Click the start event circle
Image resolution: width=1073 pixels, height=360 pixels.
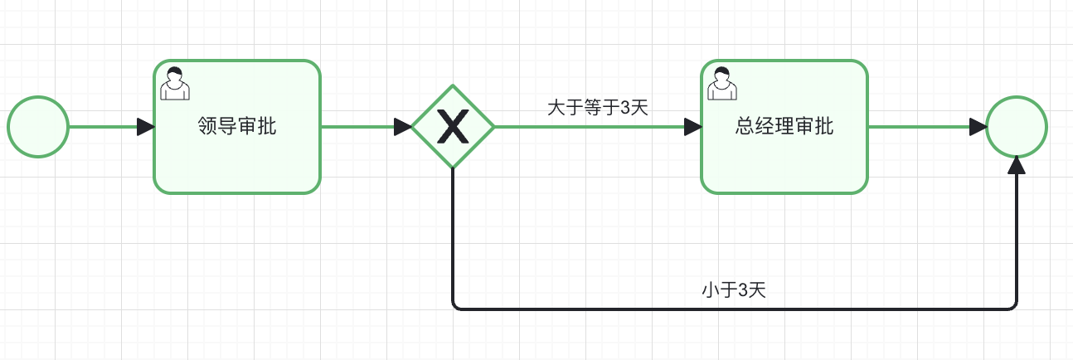click(x=38, y=127)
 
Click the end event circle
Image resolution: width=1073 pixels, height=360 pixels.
click(x=1017, y=127)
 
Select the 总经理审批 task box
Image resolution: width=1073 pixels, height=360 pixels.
click(x=784, y=162)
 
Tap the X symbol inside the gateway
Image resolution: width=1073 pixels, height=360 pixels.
click(x=453, y=127)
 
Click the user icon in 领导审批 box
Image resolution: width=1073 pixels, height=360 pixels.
click(x=174, y=82)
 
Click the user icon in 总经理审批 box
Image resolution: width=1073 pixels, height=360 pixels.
click(x=721, y=82)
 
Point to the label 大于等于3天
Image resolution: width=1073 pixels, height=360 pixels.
click(x=597, y=107)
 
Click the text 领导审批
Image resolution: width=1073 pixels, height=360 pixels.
click(x=237, y=127)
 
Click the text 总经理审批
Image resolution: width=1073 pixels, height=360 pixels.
click(x=784, y=127)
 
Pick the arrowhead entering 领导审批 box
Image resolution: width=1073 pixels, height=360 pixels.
click(x=146, y=127)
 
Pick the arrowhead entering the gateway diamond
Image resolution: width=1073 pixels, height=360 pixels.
click(x=403, y=127)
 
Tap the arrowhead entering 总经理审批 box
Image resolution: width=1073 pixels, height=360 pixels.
click(x=693, y=127)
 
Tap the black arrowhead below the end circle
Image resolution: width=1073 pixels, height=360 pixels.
click(x=1017, y=166)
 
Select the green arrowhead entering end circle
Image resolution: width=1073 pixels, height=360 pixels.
click(x=978, y=127)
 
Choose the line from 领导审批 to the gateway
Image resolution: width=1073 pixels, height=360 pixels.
click(x=357, y=127)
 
